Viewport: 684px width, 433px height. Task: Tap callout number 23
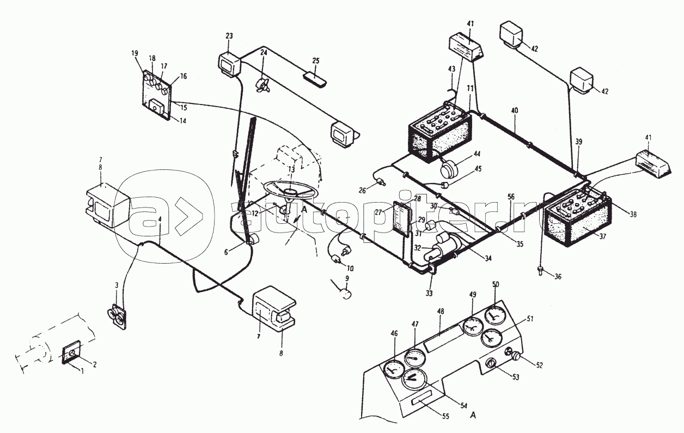point(229,36)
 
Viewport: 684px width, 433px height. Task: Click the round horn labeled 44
point(450,169)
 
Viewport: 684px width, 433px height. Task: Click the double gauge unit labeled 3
point(117,316)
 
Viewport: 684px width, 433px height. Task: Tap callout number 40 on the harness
point(515,111)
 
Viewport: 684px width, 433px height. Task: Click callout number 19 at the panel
point(135,53)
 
